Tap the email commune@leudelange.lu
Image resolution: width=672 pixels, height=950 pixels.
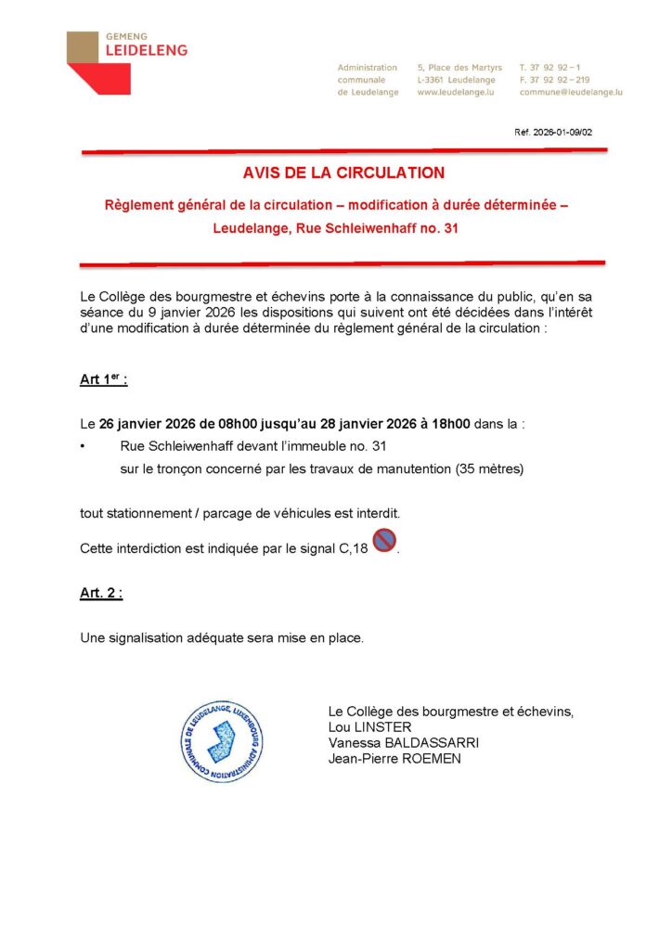click(x=571, y=93)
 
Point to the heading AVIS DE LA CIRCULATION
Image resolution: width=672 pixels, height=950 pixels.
click(x=343, y=173)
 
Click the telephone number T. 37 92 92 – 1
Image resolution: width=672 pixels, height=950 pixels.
click(x=550, y=68)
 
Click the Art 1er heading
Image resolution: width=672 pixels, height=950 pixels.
click(x=103, y=380)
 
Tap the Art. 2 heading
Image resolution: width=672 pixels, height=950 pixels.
click(x=101, y=593)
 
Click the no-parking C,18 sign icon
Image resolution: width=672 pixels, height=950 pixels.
click(x=383, y=541)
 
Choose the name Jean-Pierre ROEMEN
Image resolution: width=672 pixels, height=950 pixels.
click(x=394, y=759)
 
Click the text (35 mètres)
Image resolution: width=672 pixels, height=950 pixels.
click(x=489, y=469)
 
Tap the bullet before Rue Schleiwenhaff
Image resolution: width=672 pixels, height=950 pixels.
click(x=83, y=446)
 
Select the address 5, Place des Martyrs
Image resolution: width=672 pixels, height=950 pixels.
click(x=459, y=68)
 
